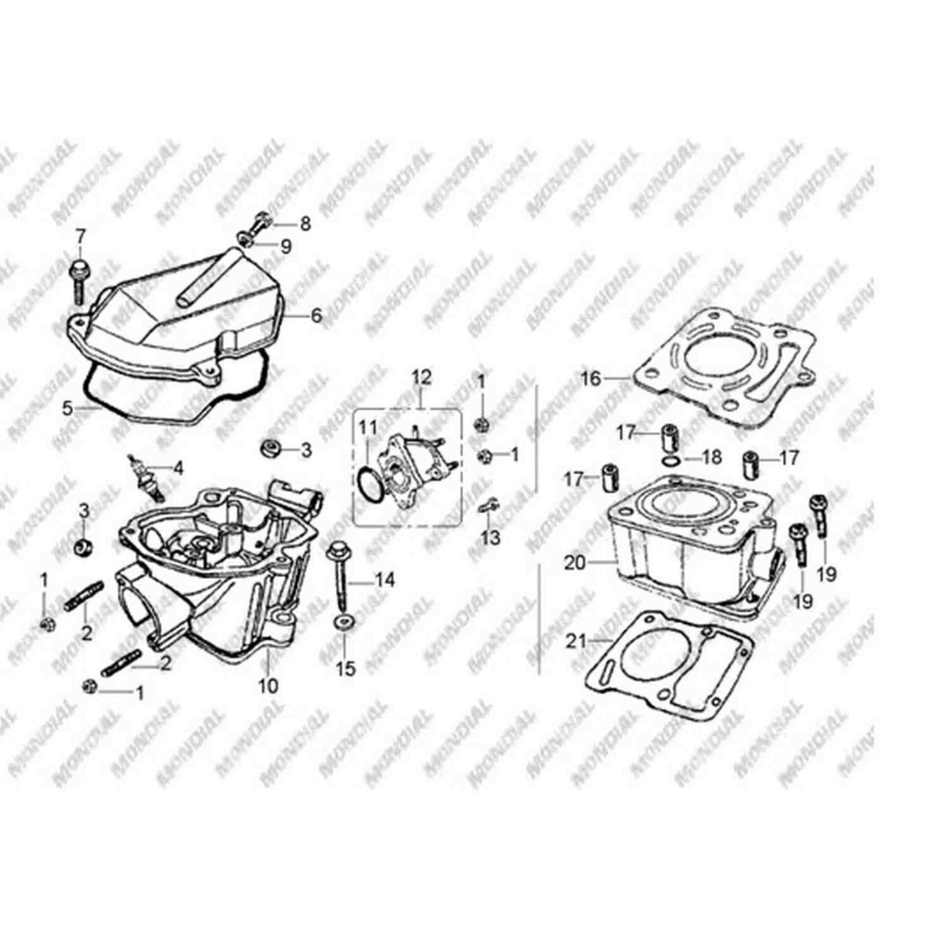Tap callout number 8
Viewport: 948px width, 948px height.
pos(305,224)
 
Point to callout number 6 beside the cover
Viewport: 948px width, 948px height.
pos(315,315)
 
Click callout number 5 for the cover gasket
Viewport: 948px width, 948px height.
pos(68,408)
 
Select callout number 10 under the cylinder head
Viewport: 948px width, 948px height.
pos(269,685)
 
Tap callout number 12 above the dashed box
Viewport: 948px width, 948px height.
pos(422,377)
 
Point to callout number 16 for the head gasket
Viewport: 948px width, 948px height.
pos(591,379)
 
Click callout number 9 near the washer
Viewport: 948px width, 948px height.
pos(286,246)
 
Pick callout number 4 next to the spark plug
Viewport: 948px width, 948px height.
pos(178,468)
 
